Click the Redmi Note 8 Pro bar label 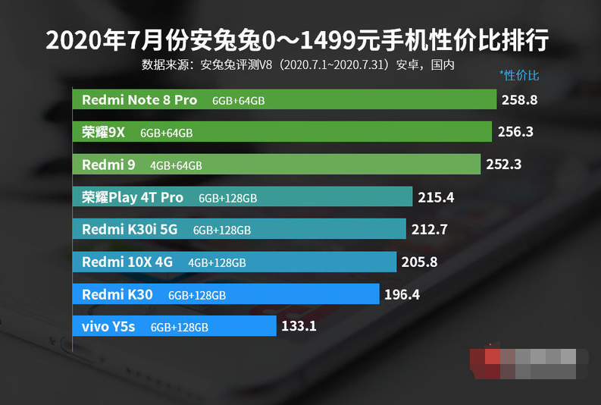pyautogui.click(x=139, y=100)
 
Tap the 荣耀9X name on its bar pyautogui.click(x=103, y=133)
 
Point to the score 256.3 pyautogui.click(x=515, y=132)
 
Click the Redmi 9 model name pyautogui.click(x=108, y=165)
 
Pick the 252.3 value pyautogui.click(x=504, y=164)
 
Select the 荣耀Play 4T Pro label pyautogui.click(x=133, y=197)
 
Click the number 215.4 pyautogui.click(x=436, y=197)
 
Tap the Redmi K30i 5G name pyautogui.click(x=130, y=229)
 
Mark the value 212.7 pyautogui.click(x=430, y=229)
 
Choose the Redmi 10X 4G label pyautogui.click(x=127, y=262)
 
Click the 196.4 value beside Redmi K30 pyautogui.click(x=402, y=294)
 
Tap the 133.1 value pyautogui.click(x=299, y=327)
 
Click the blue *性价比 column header pyautogui.click(x=520, y=75)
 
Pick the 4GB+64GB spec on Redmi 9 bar pyautogui.click(x=176, y=165)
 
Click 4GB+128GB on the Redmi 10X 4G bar pyautogui.click(x=217, y=263)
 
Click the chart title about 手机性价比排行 pyautogui.click(x=297, y=39)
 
